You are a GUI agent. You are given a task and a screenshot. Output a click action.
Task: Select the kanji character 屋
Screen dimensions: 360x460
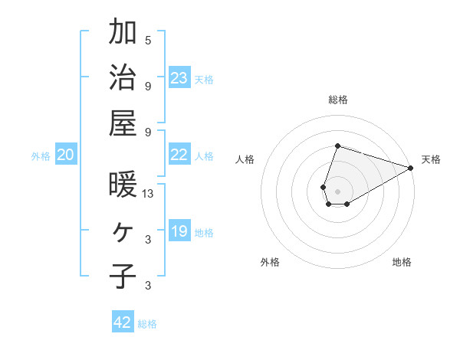tap(123, 123)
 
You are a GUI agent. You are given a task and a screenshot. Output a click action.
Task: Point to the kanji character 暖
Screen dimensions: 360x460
tap(123, 185)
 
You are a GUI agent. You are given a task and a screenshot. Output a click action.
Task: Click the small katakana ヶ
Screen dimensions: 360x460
tap(123, 231)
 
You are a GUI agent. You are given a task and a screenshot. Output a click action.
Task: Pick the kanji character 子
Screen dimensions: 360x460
tap(123, 276)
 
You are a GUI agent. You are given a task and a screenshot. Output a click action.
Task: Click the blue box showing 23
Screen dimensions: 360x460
tap(179, 77)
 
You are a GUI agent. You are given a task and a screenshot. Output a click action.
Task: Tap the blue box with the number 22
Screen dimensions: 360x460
tap(179, 155)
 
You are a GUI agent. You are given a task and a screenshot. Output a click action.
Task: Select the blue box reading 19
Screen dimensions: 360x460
tap(179, 231)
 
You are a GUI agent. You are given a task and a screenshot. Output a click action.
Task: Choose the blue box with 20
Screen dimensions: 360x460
tap(65, 155)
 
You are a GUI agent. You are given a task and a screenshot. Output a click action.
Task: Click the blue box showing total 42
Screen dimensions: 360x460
tap(123, 322)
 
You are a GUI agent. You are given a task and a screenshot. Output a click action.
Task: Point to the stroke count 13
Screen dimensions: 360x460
tap(149, 194)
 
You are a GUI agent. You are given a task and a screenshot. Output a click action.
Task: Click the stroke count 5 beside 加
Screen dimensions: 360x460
tap(148, 40)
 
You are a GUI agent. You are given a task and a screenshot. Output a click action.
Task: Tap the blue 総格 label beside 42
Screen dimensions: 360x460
tap(147, 324)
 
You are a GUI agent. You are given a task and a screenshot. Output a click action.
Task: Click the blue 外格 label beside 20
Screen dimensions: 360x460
tap(41, 156)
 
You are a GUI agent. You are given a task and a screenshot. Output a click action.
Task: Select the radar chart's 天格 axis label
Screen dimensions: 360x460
tap(431, 159)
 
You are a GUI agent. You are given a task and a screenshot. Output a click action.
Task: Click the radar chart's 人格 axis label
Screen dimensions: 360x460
tap(245, 159)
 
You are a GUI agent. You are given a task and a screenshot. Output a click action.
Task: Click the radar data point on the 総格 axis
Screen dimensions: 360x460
tap(337, 146)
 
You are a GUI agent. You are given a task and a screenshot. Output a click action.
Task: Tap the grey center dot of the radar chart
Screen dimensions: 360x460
tap(337, 190)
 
